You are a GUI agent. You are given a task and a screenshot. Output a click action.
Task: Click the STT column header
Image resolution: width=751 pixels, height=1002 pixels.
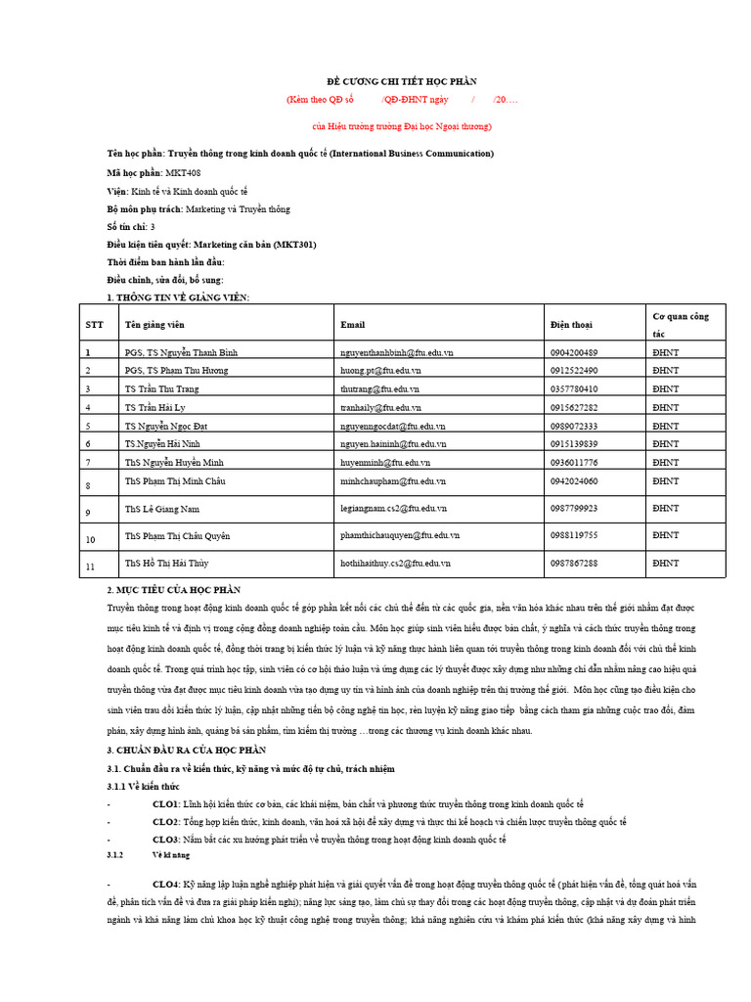coord(93,324)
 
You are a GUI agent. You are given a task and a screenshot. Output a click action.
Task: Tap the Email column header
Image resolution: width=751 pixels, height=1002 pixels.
coord(352,324)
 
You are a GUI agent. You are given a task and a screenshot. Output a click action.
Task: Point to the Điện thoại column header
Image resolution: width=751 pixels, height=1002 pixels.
coord(571,324)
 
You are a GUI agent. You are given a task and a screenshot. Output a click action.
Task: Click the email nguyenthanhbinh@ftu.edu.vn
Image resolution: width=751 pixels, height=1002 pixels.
coord(396,352)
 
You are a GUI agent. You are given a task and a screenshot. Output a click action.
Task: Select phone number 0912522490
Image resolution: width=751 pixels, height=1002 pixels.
coord(574,371)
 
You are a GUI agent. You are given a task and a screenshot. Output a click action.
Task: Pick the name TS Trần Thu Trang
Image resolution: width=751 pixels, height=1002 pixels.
coord(162,388)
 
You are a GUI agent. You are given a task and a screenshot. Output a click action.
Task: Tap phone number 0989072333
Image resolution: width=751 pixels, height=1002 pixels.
coord(574,426)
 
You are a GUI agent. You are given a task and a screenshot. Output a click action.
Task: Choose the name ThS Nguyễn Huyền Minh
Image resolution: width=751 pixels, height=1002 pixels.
coord(173,462)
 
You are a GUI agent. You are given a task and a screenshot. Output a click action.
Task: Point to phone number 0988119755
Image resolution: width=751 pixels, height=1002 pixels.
coord(574,535)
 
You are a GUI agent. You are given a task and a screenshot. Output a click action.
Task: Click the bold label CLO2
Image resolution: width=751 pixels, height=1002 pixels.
coord(165,822)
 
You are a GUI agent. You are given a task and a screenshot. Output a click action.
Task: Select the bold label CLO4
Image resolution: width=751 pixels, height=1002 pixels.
coord(165,884)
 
